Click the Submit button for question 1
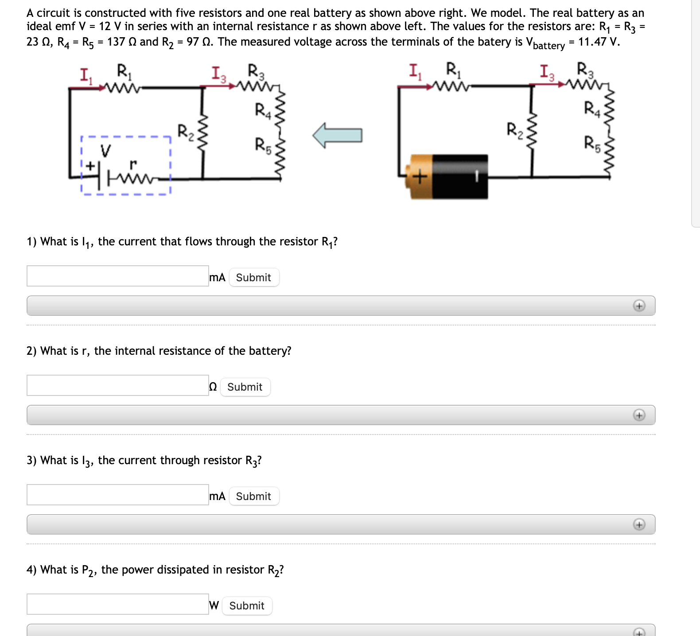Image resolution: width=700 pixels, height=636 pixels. (253, 278)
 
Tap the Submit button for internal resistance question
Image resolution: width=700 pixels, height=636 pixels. (245, 387)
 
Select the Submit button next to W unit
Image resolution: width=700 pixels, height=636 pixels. (246, 606)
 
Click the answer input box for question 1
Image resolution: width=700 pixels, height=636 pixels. (117, 276)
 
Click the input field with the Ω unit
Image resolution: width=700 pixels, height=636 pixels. (117, 386)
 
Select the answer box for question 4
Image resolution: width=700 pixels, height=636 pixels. (117, 605)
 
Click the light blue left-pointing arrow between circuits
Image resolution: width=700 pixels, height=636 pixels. (338, 135)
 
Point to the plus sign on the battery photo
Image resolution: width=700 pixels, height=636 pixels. (419, 177)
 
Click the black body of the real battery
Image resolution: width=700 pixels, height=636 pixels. (460, 176)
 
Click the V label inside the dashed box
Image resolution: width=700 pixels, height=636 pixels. (105, 151)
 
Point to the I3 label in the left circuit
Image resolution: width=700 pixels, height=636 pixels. (218, 74)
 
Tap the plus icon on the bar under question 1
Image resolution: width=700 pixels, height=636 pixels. (639, 306)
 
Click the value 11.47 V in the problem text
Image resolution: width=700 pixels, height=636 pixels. (598, 42)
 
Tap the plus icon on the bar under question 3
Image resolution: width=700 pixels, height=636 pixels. (639, 525)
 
